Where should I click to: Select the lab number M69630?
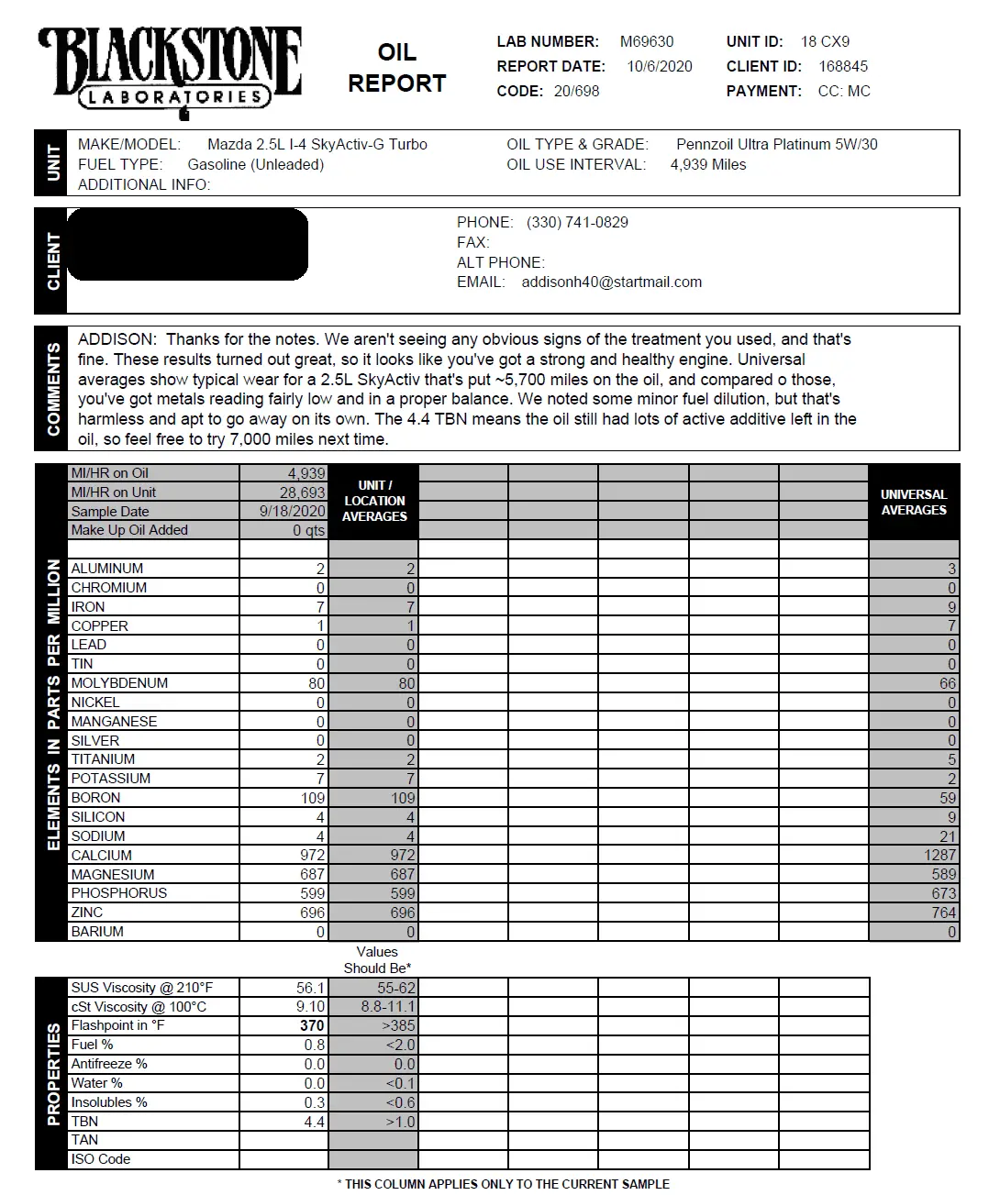[646, 41]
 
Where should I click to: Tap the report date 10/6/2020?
[659, 66]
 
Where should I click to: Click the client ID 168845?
[842, 66]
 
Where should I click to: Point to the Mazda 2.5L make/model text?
[317, 144]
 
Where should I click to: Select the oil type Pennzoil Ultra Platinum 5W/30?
[776, 144]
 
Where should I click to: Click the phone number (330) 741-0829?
[577, 222]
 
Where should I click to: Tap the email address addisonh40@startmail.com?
[611, 282]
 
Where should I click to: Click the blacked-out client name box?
[187, 244]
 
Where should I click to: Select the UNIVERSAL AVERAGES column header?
[913, 502]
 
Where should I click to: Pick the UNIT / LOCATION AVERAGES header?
[374, 501]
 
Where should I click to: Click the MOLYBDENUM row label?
[119, 683]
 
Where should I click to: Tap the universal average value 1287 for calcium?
[939, 855]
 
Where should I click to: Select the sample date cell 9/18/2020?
[293, 511]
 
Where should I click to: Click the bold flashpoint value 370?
[312, 1025]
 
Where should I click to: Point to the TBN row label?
[84, 1121]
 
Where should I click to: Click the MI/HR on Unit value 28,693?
[302, 492]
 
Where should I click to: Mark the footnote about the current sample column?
[503, 1184]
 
